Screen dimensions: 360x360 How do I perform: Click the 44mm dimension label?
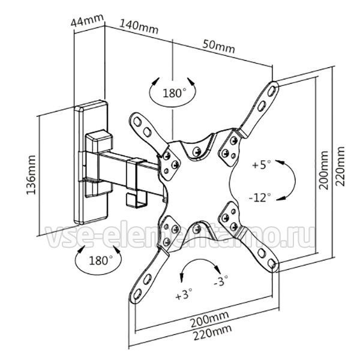pos(87,20)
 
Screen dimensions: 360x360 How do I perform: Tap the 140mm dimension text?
pos(139,27)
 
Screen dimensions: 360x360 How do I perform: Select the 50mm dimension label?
pos(218,47)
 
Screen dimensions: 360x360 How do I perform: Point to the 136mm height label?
pos(31,175)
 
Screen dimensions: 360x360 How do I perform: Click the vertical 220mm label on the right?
pos(340,166)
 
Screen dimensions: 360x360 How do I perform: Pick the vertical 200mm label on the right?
pos(323,170)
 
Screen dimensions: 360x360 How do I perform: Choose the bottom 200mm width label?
pos(209,319)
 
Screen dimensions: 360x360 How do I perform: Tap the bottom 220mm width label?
pos(212,333)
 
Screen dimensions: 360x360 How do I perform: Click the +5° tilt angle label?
pos(261,164)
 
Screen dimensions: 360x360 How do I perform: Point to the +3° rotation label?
pos(184,295)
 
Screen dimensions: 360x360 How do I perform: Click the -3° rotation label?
pos(221,281)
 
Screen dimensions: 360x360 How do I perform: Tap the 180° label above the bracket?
pos(174,93)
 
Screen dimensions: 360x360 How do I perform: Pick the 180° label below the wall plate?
pos(101,260)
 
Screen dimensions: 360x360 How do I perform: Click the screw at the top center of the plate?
pos(197,151)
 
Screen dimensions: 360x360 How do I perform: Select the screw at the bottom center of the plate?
pos(197,229)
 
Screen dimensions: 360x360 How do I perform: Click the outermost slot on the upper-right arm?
pos(271,91)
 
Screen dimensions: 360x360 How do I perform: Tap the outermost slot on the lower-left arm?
pos(137,294)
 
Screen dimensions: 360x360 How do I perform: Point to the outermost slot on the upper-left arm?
pos(137,121)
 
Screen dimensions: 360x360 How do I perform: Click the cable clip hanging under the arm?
pos(136,200)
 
